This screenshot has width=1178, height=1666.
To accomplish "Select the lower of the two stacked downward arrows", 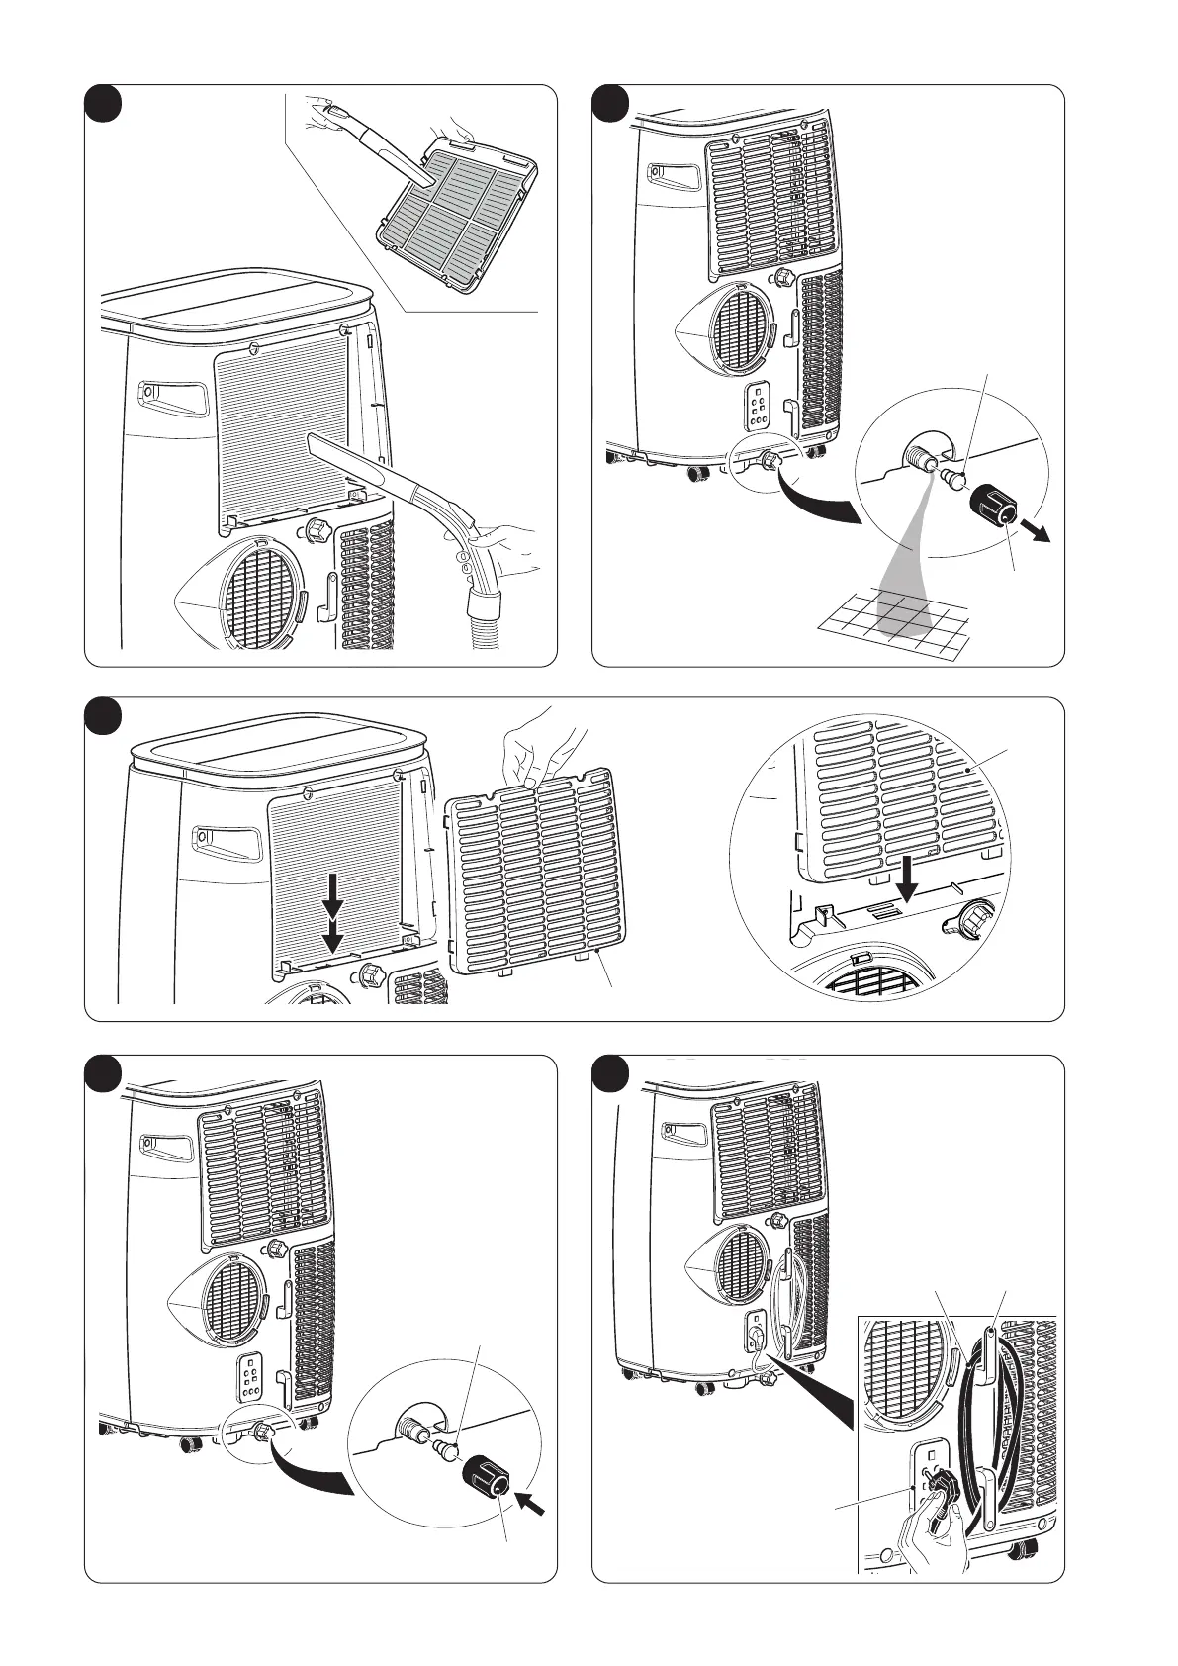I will (334, 935).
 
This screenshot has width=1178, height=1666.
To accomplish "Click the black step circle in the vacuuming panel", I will (102, 103).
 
